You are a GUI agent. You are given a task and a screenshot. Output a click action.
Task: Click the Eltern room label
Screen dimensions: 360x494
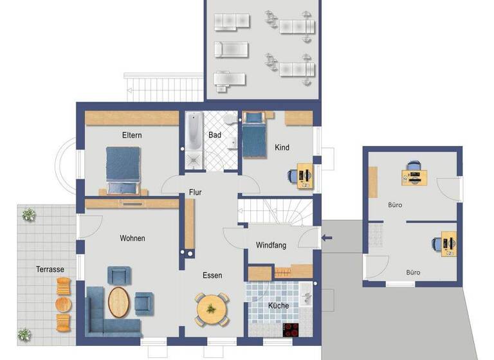point(132,135)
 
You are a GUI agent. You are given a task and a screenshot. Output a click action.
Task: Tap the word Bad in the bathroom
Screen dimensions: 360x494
point(215,135)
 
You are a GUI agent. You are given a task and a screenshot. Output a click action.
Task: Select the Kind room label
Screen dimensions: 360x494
point(282,147)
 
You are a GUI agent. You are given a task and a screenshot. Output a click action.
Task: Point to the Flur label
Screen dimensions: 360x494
point(196,192)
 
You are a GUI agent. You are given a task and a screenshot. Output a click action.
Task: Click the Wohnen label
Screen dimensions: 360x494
point(132,238)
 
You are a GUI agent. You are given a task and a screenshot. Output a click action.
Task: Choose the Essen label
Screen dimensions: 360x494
point(212,275)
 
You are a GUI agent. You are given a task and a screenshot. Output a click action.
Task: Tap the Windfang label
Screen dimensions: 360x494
point(271,245)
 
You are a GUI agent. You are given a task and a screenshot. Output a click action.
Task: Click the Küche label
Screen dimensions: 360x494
point(279,305)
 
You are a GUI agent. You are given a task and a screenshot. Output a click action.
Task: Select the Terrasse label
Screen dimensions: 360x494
point(50,269)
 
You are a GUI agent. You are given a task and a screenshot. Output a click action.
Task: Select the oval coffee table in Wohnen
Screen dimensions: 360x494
point(119,301)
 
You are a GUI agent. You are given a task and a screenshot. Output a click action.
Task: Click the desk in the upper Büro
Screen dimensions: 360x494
point(414,173)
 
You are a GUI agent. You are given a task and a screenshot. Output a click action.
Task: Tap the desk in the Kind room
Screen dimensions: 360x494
point(304,174)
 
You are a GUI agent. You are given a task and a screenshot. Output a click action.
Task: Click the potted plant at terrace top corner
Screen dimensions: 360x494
point(28,215)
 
